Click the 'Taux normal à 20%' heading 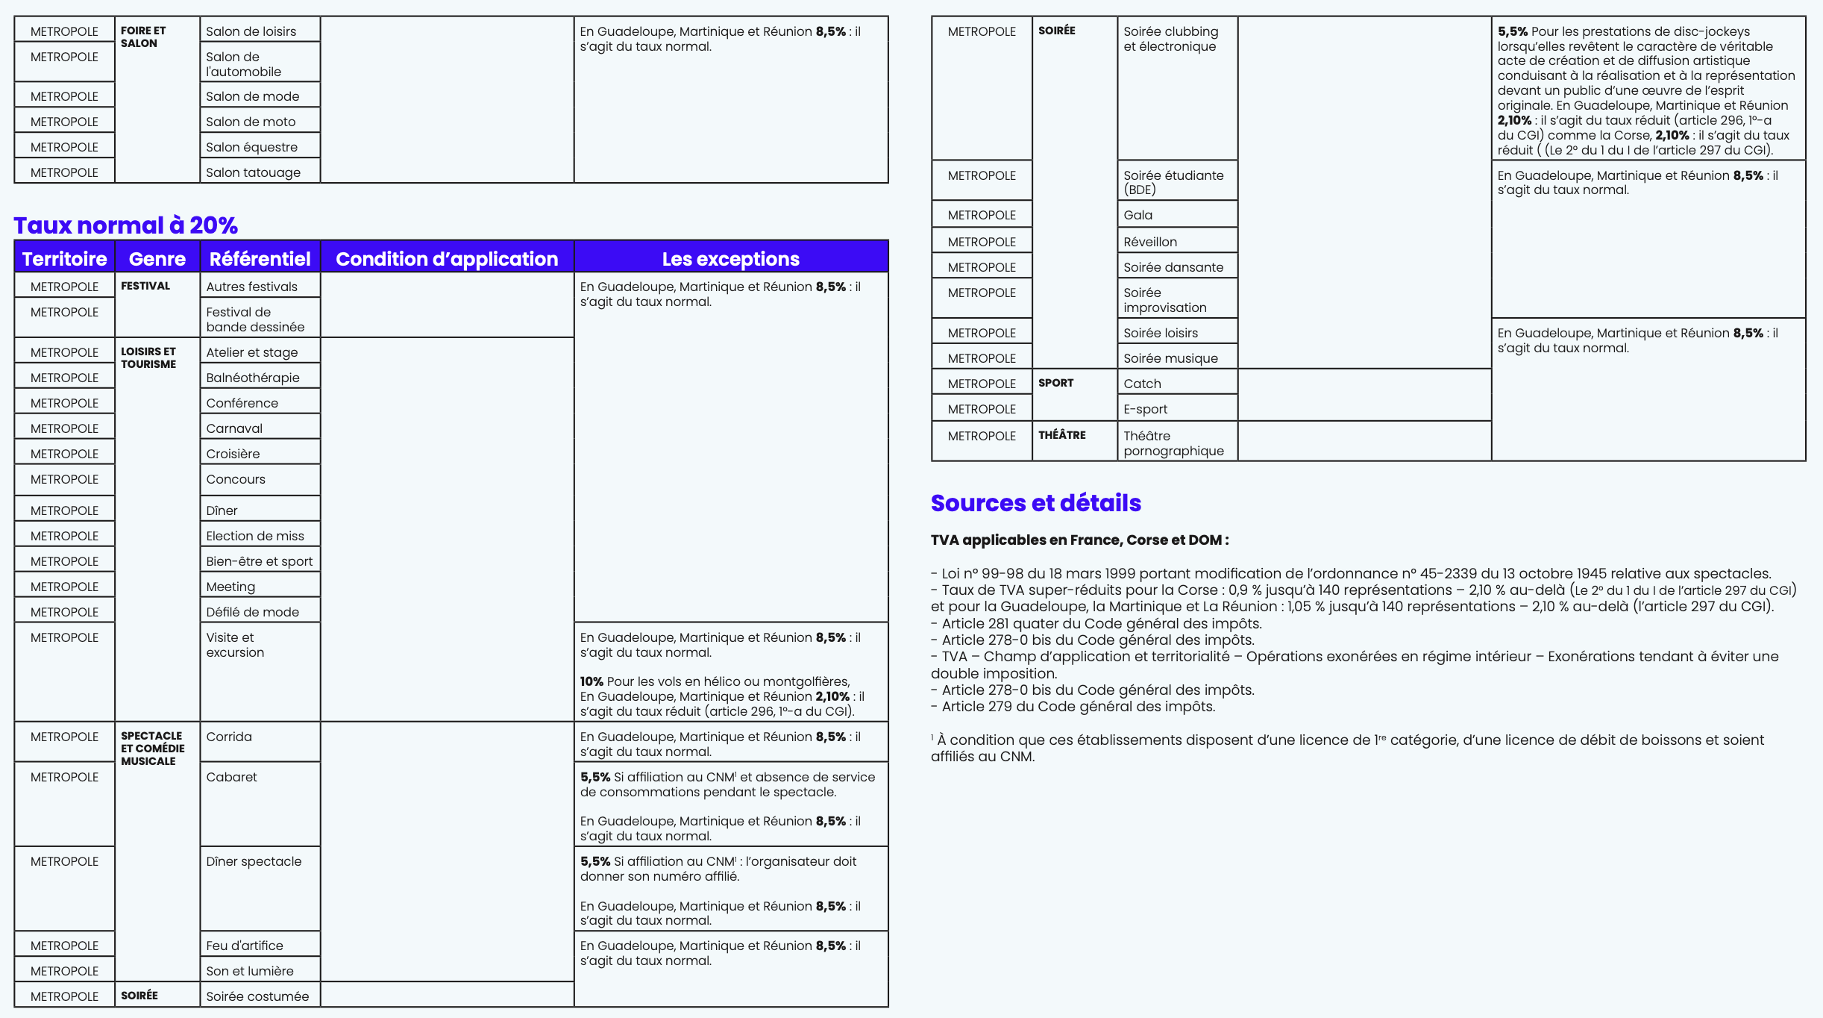click(x=125, y=225)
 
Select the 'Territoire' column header click(x=64, y=259)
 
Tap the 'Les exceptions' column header click(x=730, y=259)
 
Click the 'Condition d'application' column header click(x=447, y=259)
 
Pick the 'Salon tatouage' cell click(x=254, y=172)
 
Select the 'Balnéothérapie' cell click(x=253, y=378)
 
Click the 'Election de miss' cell click(x=255, y=536)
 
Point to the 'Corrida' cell click(x=229, y=737)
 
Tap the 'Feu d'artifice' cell click(x=245, y=946)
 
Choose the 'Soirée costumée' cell click(x=257, y=996)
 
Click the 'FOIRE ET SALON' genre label click(x=143, y=37)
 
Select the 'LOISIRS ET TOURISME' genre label click(x=148, y=357)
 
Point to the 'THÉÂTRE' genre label click(x=1061, y=435)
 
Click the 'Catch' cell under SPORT click(x=1142, y=384)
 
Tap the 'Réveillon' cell click(x=1150, y=242)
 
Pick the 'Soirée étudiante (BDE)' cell click(x=1173, y=182)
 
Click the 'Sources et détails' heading click(x=1035, y=503)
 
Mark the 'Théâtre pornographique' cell click(x=1173, y=443)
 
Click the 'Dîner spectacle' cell click(x=254, y=861)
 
